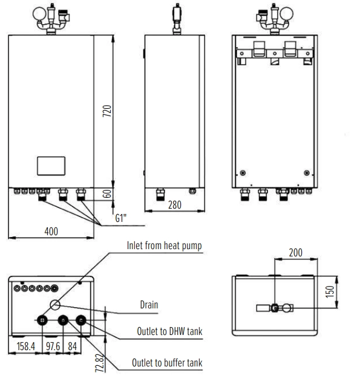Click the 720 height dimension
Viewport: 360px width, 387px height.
coord(107,111)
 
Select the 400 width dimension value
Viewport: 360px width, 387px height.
coord(51,230)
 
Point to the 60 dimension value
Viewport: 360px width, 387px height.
coord(107,194)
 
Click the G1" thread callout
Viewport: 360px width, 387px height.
coord(121,219)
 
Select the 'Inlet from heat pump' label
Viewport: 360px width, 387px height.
coord(164,246)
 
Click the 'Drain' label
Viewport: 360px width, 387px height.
coord(149,305)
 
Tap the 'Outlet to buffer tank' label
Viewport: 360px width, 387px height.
coord(167,363)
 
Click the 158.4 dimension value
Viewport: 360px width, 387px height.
coord(25,346)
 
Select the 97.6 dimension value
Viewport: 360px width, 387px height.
coord(53,346)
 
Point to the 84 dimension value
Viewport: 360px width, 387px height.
coord(72,346)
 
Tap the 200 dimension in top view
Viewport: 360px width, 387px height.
coord(295,252)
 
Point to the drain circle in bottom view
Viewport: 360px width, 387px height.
coord(54,305)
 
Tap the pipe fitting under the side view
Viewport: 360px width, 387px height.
coord(161,194)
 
